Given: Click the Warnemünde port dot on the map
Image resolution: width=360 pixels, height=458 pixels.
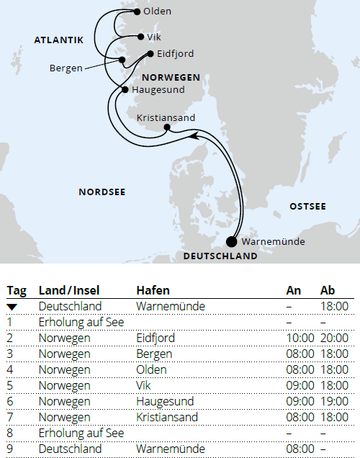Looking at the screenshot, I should pos(231,241).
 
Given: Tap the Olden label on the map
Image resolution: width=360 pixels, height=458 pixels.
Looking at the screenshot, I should pos(156,12).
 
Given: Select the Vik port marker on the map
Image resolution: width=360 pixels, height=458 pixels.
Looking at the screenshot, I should pos(140,36).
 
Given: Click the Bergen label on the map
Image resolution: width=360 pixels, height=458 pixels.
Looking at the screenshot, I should pos(65,68).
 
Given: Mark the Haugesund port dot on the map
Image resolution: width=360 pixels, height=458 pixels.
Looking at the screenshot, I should pos(125,89).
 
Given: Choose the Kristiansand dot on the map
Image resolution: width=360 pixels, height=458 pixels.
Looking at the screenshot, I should pos(167,128).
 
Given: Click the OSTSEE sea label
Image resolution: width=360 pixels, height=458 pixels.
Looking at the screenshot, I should pos(307,207).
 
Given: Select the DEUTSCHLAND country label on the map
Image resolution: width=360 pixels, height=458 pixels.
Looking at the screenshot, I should pos(220,256).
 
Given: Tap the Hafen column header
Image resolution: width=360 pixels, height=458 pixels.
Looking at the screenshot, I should pos(153,290).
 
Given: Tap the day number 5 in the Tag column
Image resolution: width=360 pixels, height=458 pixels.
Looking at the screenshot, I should pos(11,385).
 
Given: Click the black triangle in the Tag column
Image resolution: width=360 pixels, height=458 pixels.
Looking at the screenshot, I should pos(12,307).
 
